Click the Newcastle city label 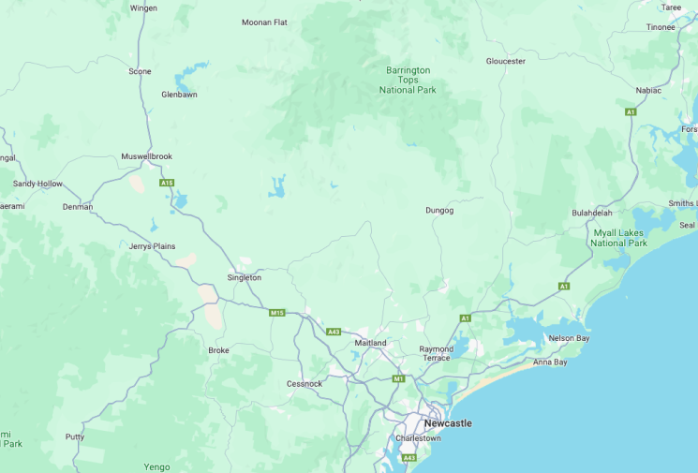tap(448, 423)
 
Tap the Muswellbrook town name tap(146, 156)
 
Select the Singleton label tap(245, 277)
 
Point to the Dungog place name tap(439, 211)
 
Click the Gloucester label tap(505, 62)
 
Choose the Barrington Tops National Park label tap(408, 80)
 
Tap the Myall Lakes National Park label tap(618, 238)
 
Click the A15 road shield tap(167, 183)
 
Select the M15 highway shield tap(276, 312)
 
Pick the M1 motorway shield tap(398, 378)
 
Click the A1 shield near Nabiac tap(631, 111)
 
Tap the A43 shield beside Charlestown tap(408, 458)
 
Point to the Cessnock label tap(304, 384)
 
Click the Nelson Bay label tap(568, 338)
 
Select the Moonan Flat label tap(264, 22)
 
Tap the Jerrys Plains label tap(153, 246)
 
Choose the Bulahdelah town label tap(592, 214)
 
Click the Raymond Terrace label tap(437, 353)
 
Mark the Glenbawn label tap(179, 95)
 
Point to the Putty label tap(75, 436)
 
